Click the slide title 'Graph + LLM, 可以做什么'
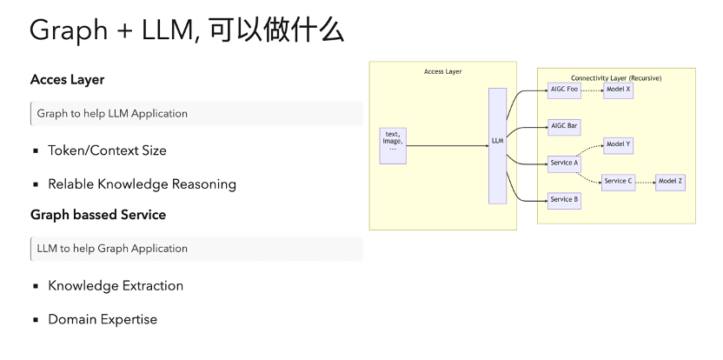click(x=187, y=31)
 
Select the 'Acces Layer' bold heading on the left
click(x=67, y=79)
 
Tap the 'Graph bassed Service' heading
click(x=98, y=214)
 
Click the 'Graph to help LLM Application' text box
click(x=196, y=114)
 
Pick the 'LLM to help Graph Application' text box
click(x=196, y=249)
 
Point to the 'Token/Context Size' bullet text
click(x=107, y=150)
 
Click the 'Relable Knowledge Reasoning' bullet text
click(x=142, y=184)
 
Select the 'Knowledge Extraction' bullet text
click(x=116, y=285)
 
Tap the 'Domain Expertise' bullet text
click(x=103, y=319)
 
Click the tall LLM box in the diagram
click(x=497, y=145)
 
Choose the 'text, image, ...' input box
click(x=393, y=145)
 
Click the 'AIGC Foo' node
click(x=565, y=90)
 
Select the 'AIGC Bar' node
click(x=565, y=126)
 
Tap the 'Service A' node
click(x=565, y=163)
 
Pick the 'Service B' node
click(x=565, y=199)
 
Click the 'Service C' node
click(x=618, y=181)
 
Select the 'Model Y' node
click(x=618, y=144)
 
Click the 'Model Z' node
click(x=670, y=181)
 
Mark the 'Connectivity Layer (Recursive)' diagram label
click(x=616, y=78)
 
